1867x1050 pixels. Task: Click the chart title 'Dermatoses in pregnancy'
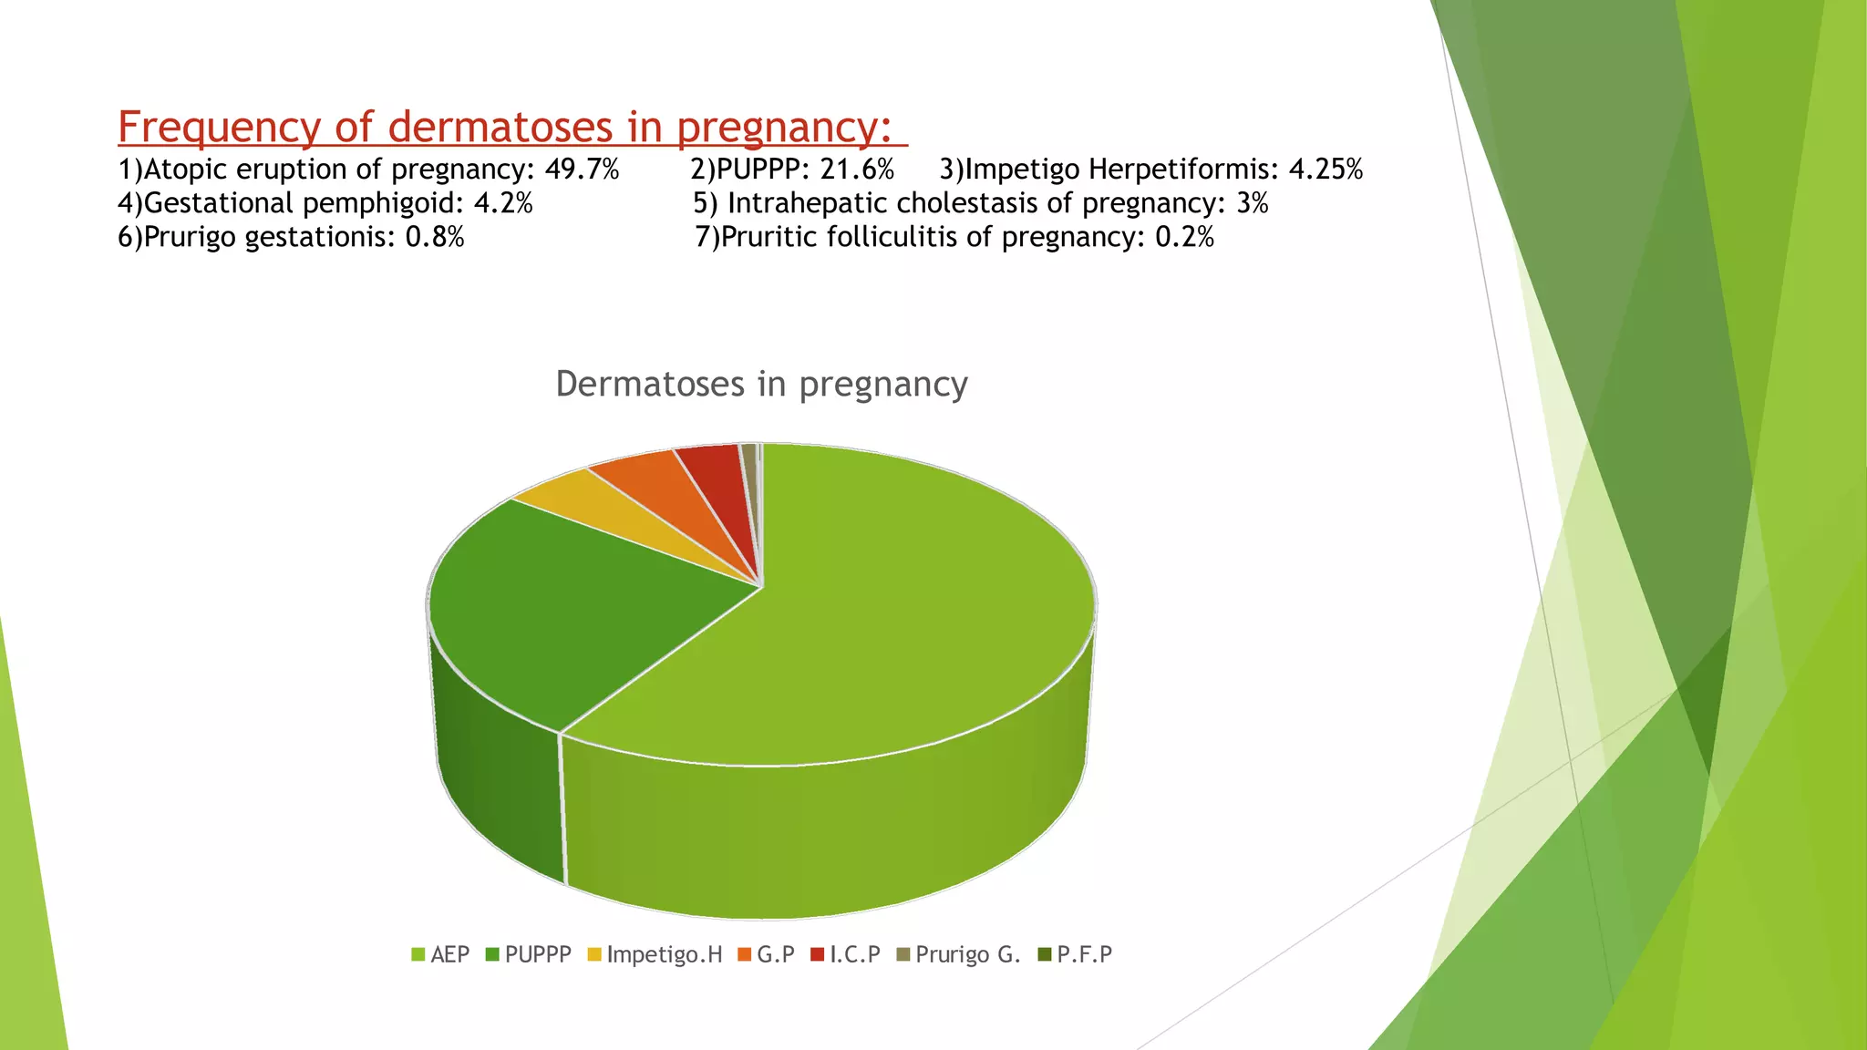tap(761, 384)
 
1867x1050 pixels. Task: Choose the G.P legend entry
tap(767, 954)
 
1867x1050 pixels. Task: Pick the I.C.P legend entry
tap(845, 954)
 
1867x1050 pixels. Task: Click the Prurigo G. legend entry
tap(958, 954)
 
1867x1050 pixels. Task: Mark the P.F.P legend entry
tap(1075, 954)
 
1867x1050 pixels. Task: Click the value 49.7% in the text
tap(582, 170)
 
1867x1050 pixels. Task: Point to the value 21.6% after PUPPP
tap(857, 170)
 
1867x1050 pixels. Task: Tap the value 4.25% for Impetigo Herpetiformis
tap(1325, 170)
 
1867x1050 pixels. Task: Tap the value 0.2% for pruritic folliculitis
tap(1184, 237)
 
